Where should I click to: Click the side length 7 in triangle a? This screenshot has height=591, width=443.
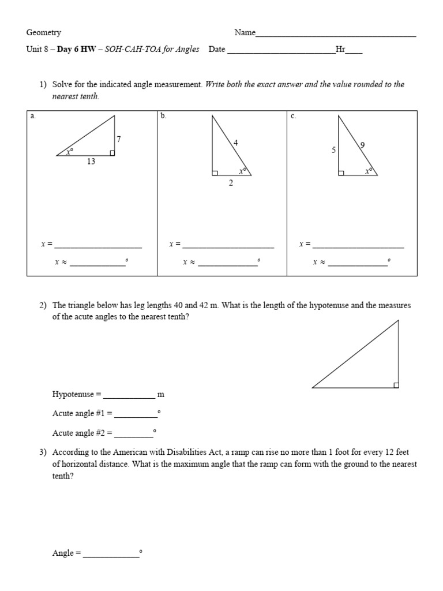click(119, 139)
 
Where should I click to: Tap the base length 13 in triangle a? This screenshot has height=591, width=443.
click(91, 162)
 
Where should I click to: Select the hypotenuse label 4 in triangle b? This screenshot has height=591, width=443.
click(235, 143)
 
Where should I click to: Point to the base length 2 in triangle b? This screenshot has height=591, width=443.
click(231, 184)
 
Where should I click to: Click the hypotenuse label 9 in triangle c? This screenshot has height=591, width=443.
click(362, 145)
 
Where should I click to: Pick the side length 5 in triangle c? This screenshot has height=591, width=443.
click(333, 150)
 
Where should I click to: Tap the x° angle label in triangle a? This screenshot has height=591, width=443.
click(70, 152)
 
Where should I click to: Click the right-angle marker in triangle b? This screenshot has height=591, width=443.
click(215, 173)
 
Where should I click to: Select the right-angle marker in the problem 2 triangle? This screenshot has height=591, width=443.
click(396, 385)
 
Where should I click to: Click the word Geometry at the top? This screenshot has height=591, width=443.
click(44, 33)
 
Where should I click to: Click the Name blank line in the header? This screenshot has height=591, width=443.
click(336, 36)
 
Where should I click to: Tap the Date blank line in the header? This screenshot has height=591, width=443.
click(281, 53)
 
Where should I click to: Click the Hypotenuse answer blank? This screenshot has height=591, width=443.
click(129, 398)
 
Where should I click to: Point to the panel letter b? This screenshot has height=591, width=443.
click(163, 116)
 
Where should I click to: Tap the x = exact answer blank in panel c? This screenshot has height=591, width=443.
click(358, 247)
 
